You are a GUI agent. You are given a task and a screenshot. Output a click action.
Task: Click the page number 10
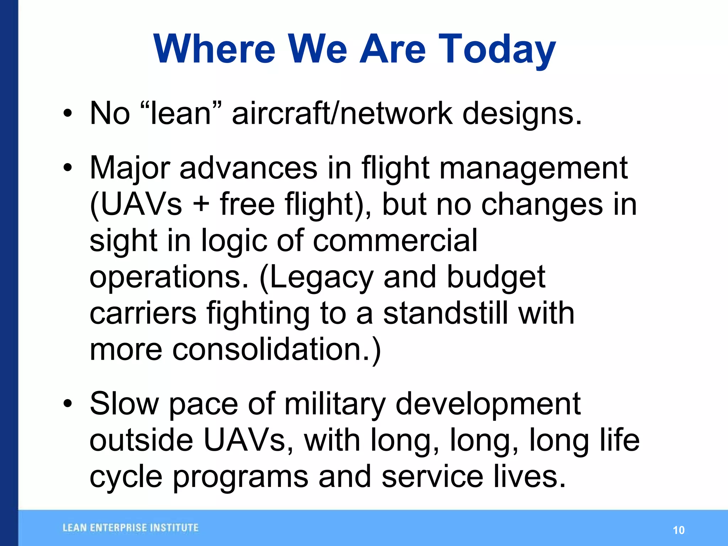[x=679, y=530]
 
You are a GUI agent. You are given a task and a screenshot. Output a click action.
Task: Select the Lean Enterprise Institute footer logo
[x=130, y=528]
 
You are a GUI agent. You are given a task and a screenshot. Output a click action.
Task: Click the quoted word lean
[x=181, y=114]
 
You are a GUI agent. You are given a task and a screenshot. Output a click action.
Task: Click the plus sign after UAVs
[x=201, y=205]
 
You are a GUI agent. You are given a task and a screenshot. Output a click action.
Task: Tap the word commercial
[x=395, y=241]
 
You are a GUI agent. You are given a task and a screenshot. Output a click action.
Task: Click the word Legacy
[x=317, y=278]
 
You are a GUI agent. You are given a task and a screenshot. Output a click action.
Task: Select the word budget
[x=496, y=277]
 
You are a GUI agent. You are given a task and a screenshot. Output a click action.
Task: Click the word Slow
[x=124, y=404]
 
